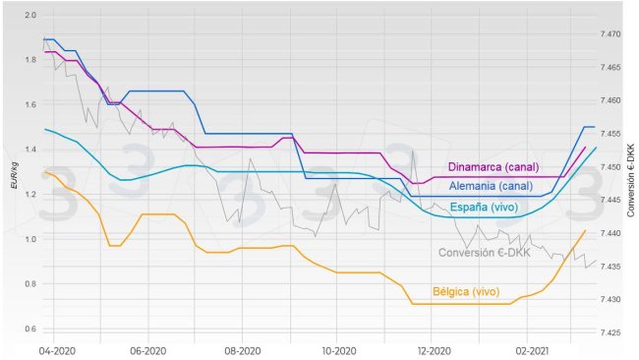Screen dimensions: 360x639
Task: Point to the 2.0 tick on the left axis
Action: (29, 16)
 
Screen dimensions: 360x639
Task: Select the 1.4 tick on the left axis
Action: (29, 150)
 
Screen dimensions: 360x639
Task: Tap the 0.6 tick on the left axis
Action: (29, 329)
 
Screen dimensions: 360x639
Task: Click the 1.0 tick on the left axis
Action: (29, 239)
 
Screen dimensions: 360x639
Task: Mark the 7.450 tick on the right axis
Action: (609, 167)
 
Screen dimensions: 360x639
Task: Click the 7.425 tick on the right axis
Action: (609, 332)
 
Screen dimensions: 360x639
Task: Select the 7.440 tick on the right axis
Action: (609, 233)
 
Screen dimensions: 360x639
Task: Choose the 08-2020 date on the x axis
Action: (241, 350)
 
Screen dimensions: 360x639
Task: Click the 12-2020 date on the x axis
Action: (433, 350)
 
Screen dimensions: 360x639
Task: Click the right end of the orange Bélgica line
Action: (586, 230)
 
